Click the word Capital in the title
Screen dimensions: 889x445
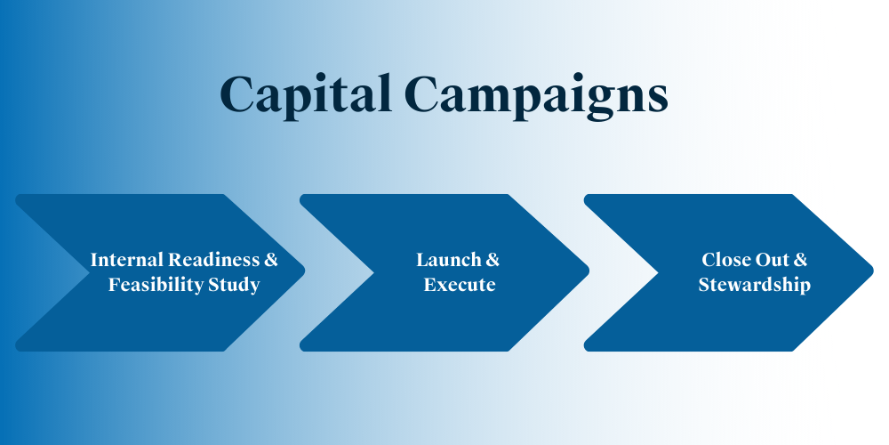click(306, 94)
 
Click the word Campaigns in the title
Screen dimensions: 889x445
click(537, 96)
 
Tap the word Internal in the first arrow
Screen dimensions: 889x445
click(127, 260)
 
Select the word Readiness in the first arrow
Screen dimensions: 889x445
click(213, 260)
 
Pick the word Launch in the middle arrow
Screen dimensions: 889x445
click(442, 260)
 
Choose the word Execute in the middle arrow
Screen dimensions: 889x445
click(460, 285)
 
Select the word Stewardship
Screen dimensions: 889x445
click(754, 285)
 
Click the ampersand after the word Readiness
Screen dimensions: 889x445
click(271, 260)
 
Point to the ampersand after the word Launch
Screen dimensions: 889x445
click(493, 260)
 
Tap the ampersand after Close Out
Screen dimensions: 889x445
click(800, 260)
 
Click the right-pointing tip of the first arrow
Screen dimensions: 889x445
click(304, 272)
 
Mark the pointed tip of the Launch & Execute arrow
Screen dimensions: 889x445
click(589, 272)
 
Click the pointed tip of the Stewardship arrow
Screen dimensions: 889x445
click(873, 272)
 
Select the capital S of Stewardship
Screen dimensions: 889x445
click(704, 285)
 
